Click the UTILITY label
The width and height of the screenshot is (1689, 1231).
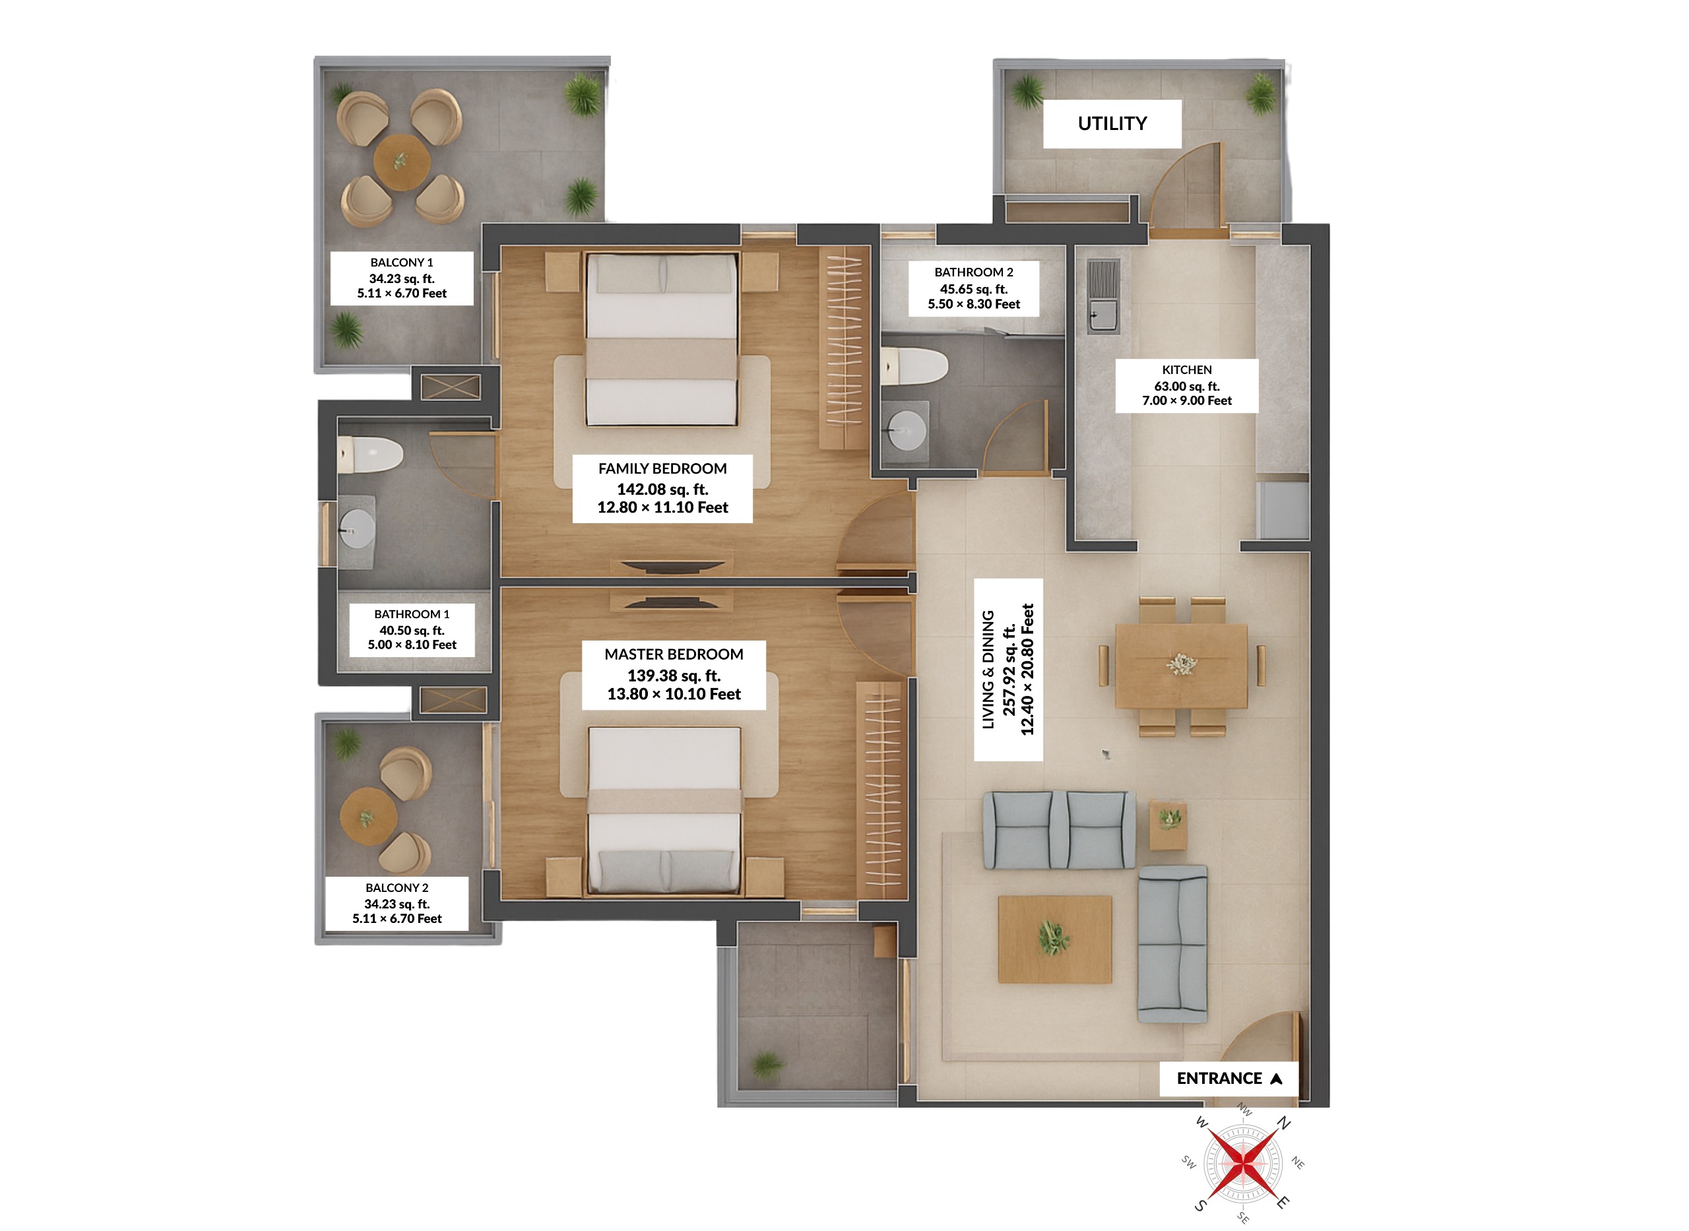pyautogui.click(x=1112, y=124)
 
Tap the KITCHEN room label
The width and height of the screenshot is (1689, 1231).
pyautogui.click(x=1186, y=370)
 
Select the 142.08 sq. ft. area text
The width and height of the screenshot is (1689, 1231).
pyautogui.click(x=662, y=489)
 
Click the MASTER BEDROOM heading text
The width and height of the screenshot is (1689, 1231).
pyautogui.click(x=674, y=654)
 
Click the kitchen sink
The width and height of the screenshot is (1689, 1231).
pyautogui.click(x=1103, y=313)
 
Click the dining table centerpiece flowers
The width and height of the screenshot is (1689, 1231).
pyautogui.click(x=1181, y=663)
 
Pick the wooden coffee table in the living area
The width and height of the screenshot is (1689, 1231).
pyautogui.click(x=1054, y=939)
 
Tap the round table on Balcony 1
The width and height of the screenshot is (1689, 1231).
pyautogui.click(x=402, y=162)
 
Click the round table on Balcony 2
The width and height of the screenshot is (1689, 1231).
pyautogui.click(x=368, y=816)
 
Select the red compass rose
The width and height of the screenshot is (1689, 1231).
pyautogui.click(x=1243, y=1162)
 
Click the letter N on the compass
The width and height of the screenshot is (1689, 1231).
pyautogui.click(x=1283, y=1123)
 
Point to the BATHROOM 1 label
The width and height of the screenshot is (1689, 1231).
pyautogui.click(x=411, y=614)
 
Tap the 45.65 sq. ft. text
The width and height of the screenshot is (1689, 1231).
pyautogui.click(x=973, y=289)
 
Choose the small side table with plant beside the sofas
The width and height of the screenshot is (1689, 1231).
pyautogui.click(x=1168, y=825)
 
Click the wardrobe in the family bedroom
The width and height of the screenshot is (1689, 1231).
pyautogui.click(x=843, y=348)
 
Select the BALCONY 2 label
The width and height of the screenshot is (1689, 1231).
pyautogui.click(x=397, y=887)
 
